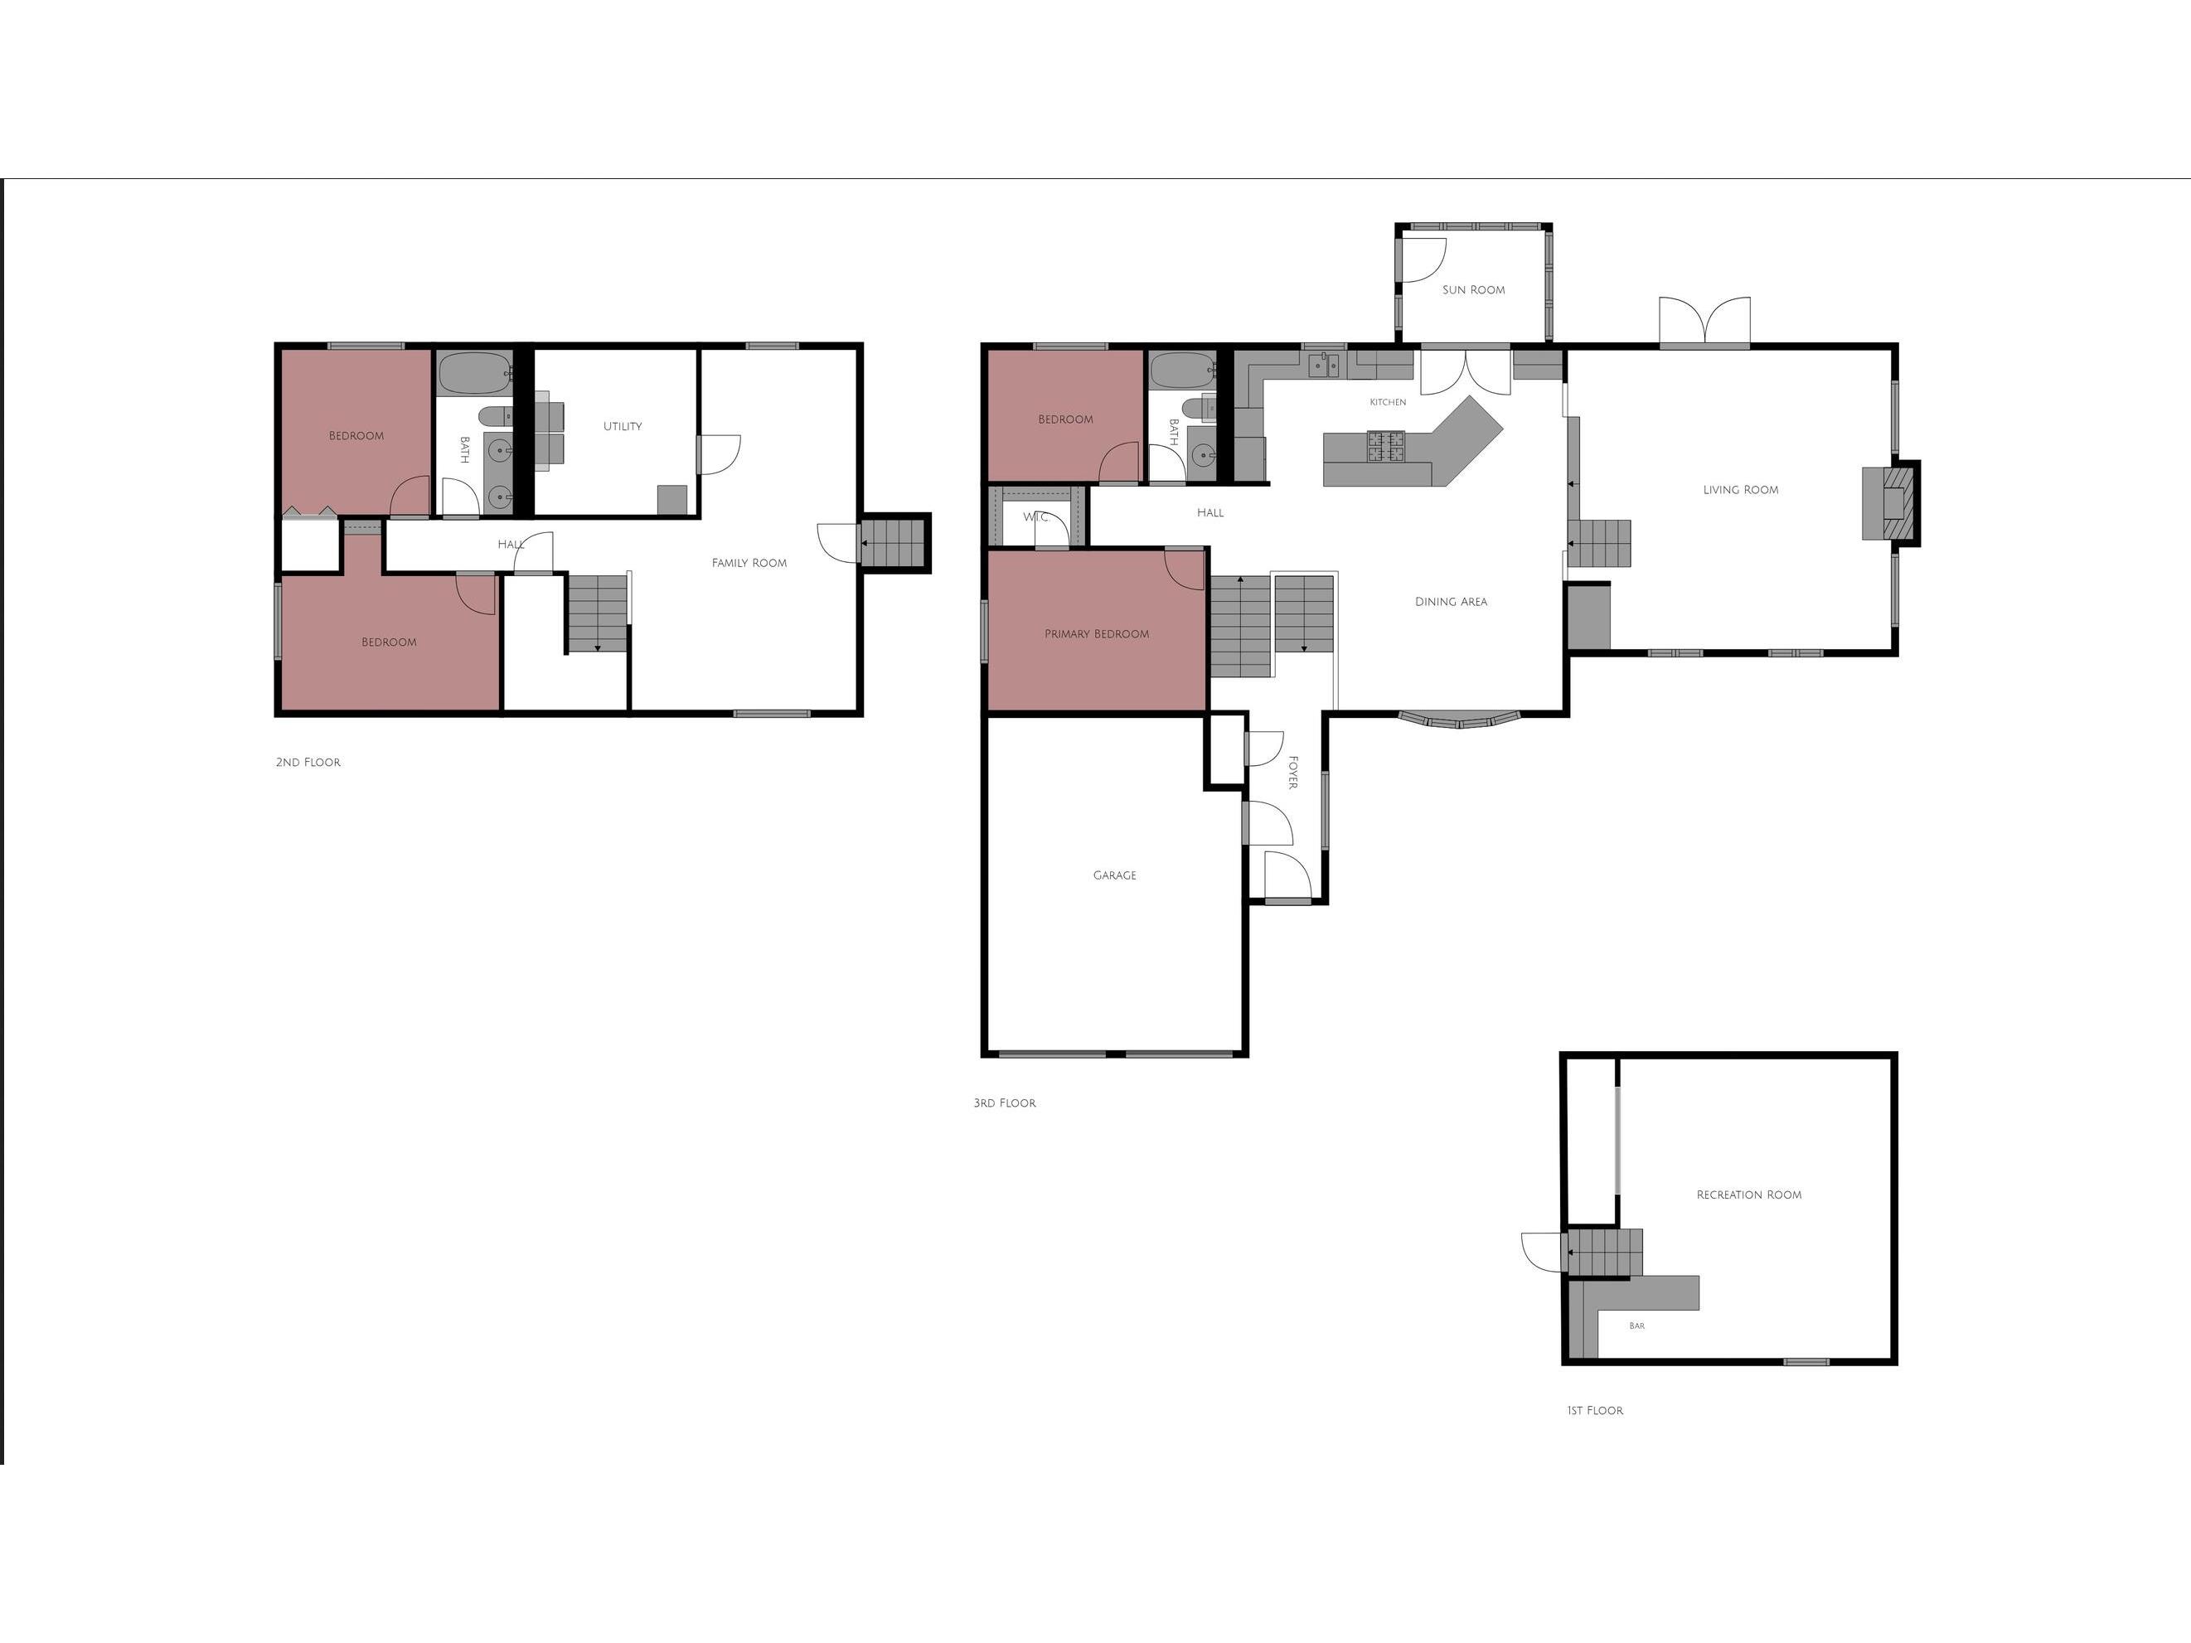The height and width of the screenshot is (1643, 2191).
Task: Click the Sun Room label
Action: point(1473,290)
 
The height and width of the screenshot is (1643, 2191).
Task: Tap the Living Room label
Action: point(1740,490)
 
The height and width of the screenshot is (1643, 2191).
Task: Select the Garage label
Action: point(1114,875)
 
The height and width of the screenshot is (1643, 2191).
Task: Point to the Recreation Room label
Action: point(1748,1195)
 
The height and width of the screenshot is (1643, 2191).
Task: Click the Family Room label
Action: point(749,564)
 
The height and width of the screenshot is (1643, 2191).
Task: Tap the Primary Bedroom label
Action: point(1097,635)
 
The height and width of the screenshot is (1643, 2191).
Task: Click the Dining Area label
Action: point(1451,602)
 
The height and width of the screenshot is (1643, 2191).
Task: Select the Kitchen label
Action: point(1388,402)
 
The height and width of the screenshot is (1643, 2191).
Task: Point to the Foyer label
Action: point(1292,773)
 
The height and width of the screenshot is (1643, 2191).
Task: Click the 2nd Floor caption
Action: point(308,763)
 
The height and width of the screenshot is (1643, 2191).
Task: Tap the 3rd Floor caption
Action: point(1005,1103)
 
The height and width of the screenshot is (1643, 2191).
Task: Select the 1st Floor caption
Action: point(1595,1410)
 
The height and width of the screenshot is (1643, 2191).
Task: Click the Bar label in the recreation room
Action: point(1636,1326)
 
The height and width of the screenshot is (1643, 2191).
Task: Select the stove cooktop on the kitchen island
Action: point(1386,447)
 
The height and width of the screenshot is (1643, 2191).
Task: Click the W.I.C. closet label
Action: point(1036,518)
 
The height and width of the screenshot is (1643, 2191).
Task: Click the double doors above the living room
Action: point(1704,322)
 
